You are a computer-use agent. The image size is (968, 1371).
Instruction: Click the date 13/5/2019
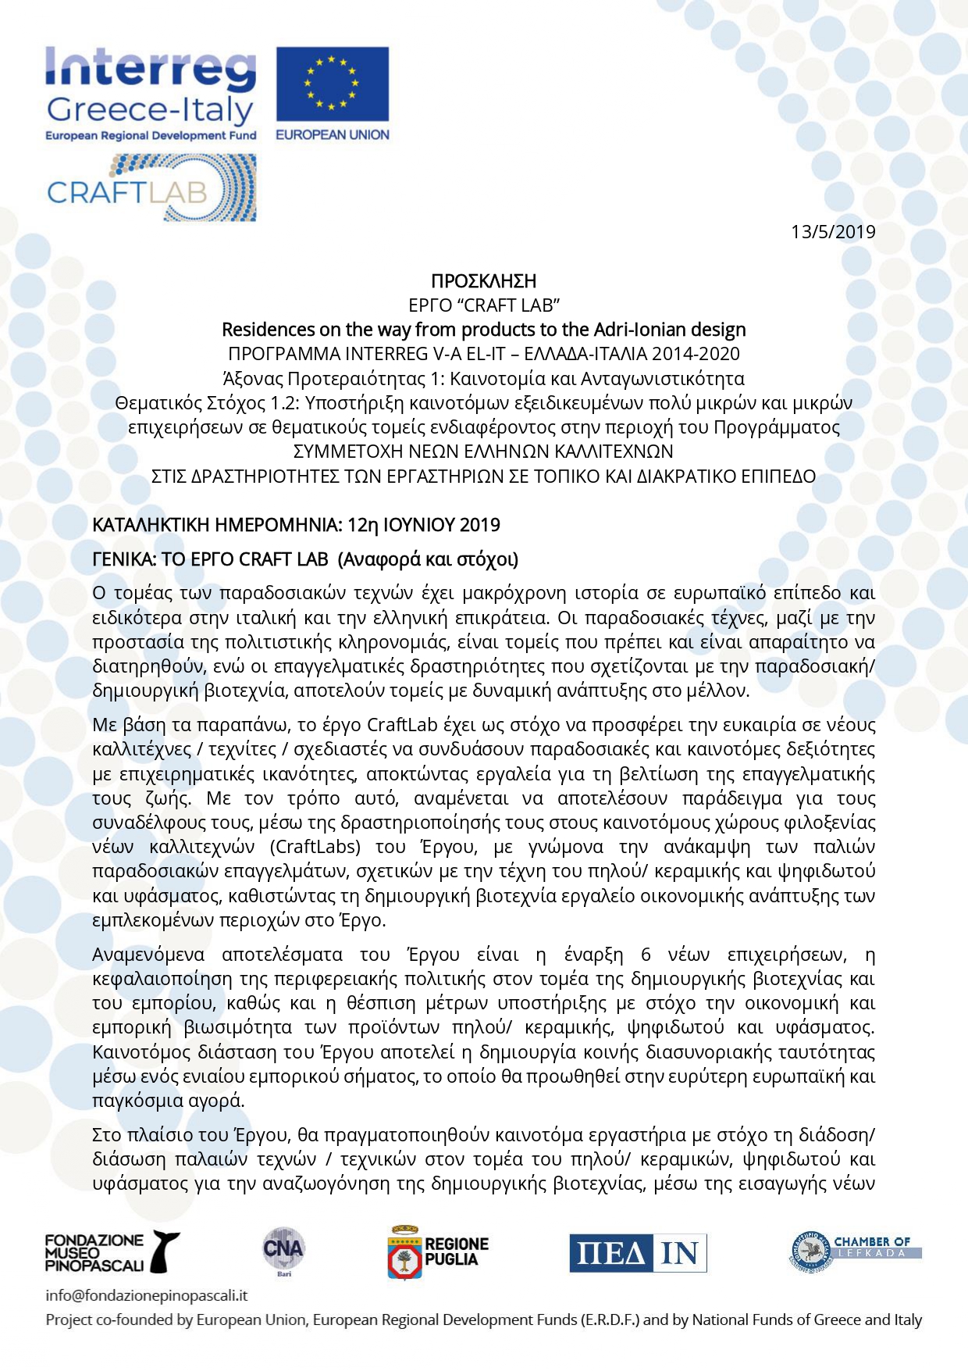coord(833,232)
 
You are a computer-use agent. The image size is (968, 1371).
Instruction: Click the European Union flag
coord(332,83)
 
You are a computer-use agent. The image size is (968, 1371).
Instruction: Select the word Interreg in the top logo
coord(151,69)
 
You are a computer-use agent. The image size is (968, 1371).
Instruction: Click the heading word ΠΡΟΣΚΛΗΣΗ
coord(483,280)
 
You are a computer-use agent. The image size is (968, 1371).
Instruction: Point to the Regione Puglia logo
coord(438,1251)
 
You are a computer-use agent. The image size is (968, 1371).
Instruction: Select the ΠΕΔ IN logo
coord(637,1253)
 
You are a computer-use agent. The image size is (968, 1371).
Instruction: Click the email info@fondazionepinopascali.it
coord(147,1295)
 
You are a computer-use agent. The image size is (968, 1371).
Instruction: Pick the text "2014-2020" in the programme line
coord(699,354)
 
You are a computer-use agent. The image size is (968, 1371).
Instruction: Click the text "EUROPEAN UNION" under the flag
coord(332,135)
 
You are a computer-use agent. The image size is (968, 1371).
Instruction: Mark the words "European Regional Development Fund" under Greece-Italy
coord(151,136)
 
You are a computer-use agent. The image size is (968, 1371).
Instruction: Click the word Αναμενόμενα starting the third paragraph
coord(148,955)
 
